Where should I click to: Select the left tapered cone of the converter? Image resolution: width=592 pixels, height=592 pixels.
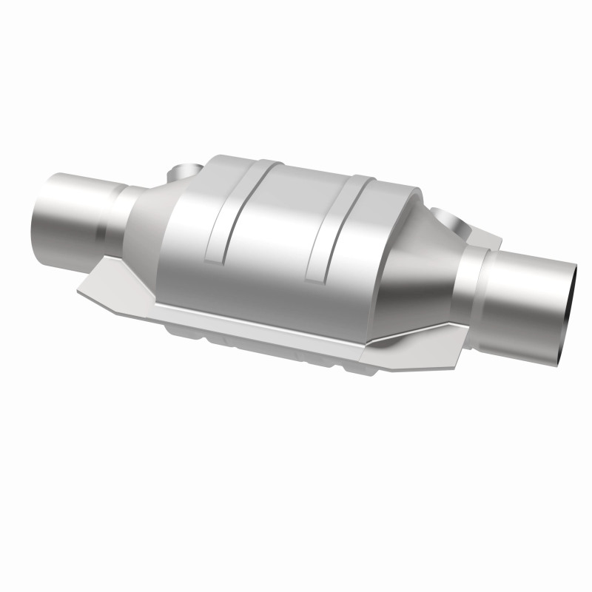(148, 222)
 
